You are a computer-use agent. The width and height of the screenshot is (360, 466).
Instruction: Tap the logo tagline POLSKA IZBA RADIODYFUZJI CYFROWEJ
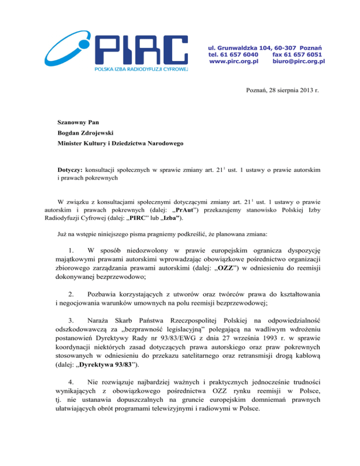141,69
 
